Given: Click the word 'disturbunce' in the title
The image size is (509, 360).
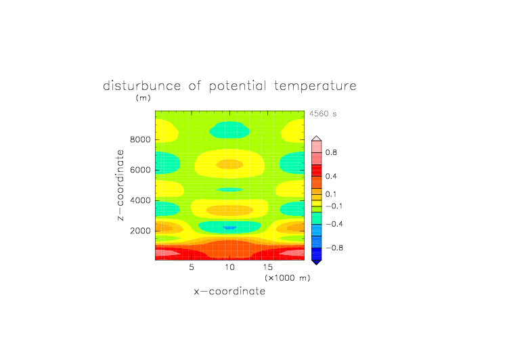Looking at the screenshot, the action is tap(142, 86).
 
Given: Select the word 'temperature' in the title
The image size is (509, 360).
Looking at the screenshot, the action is tap(315, 86).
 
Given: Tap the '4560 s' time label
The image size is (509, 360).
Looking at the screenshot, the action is tap(323, 114).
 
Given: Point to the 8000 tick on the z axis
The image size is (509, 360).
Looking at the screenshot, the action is tap(140, 139).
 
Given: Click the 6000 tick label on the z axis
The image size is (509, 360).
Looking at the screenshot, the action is tap(140, 170).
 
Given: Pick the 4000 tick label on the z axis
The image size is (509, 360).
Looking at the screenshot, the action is tap(140, 200).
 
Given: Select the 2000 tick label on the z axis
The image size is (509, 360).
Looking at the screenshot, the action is tap(140, 231).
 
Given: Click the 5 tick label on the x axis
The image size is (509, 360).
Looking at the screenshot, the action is tap(192, 267).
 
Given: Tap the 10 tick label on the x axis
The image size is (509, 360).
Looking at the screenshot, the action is tap(229, 267).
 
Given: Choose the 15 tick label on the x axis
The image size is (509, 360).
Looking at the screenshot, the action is tap(267, 267).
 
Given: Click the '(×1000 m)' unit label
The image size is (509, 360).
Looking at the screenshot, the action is tap(288, 278).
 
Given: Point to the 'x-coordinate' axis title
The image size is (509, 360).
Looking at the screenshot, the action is tap(229, 291).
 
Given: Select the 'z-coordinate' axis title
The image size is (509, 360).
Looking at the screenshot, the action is tap(120, 185).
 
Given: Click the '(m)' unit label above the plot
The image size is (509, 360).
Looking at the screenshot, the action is tap(143, 97).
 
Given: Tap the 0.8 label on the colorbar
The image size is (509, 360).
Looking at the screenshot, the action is tap(331, 152).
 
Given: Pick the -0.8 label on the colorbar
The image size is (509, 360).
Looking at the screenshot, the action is tap(334, 248).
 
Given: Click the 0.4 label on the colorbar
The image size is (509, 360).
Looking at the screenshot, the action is tap(331, 176).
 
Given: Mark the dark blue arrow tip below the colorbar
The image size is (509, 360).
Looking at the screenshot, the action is tap(317, 265).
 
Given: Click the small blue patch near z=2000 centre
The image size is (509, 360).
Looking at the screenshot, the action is tap(230, 228).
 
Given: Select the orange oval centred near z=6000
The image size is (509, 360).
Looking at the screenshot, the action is tap(230, 164).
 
